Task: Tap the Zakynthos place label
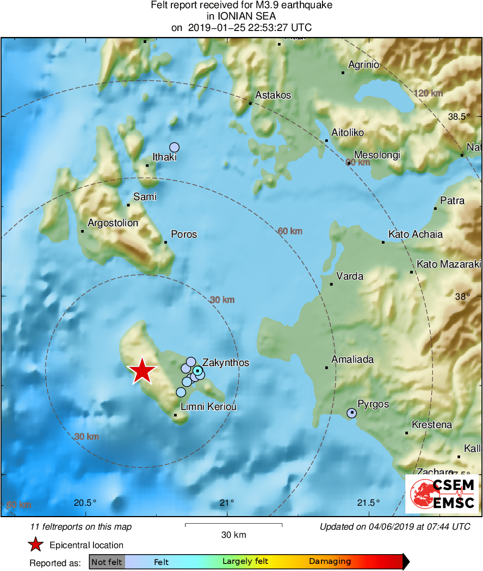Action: point(226,363)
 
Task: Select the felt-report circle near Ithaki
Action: point(174,147)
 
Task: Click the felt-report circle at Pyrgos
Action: point(351,413)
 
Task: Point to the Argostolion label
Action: point(113,223)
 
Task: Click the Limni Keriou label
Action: point(208,407)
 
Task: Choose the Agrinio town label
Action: point(363,65)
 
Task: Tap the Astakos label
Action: point(273,95)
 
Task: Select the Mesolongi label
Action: point(377,155)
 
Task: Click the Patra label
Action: point(453,201)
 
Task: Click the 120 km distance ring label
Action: point(428,94)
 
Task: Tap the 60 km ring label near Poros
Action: point(290,231)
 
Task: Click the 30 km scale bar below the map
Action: point(233,525)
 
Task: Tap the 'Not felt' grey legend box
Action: point(107,562)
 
